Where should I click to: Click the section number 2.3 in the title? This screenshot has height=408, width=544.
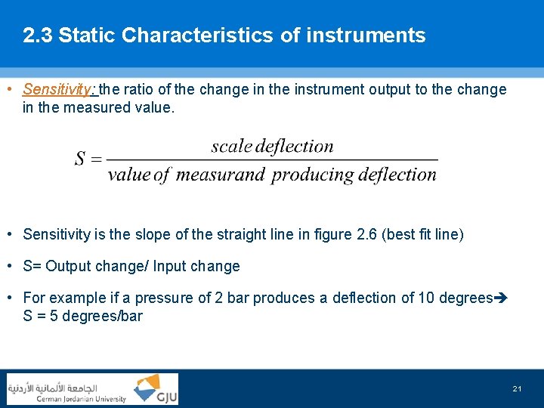[x=37, y=36]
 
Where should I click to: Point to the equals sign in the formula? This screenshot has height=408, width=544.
[x=95, y=159]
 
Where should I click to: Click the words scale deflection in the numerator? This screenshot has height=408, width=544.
[x=272, y=147]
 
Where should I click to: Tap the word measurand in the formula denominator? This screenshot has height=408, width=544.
[x=220, y=175]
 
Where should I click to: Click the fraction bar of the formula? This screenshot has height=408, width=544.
[x=272, y=160]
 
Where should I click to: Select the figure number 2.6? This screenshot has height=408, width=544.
[x=366, y=234]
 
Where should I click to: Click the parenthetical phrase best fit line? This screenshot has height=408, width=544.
[x=423, y=234]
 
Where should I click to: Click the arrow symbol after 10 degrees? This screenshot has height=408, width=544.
[x=501, y=298]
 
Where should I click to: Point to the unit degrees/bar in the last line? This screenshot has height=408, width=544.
[x=102, y=316]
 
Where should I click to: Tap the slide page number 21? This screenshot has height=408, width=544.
[x=517, y=389]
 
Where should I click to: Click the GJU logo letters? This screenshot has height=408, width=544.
[x=165, y=397]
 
